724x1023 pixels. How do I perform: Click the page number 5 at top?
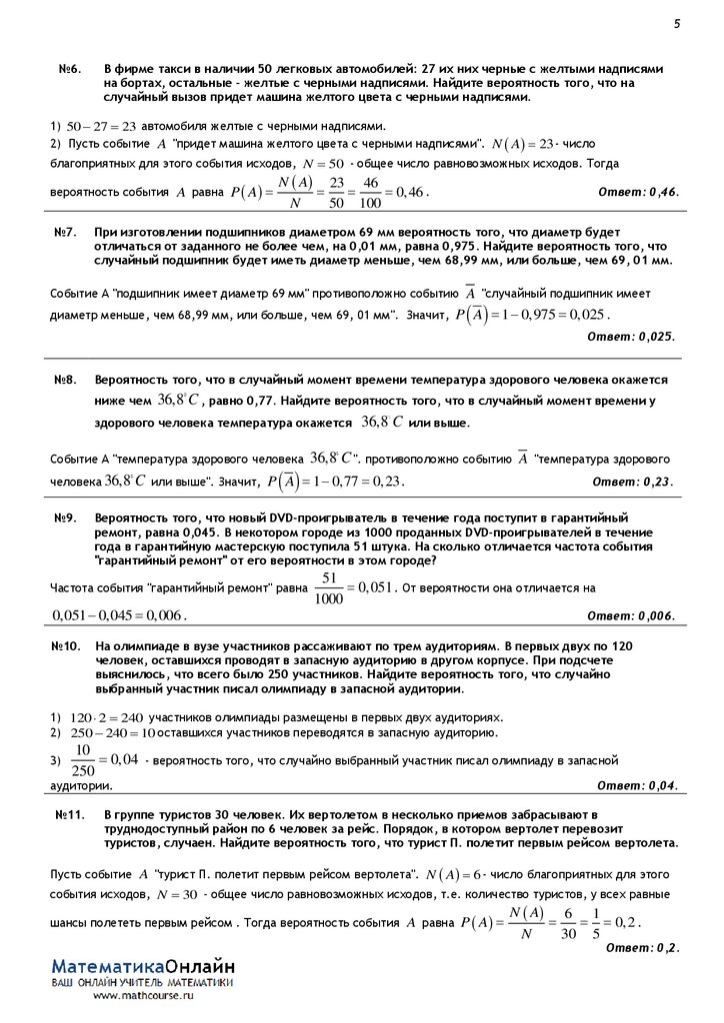point(676,24)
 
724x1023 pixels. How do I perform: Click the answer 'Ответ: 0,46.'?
point(638,191)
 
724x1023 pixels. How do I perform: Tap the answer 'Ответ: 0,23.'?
point(634,481)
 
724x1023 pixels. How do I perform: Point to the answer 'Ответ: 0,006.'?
point(630,614)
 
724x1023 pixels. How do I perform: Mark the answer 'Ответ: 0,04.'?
point(636,785)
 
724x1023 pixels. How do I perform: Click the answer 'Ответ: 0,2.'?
point(643,946)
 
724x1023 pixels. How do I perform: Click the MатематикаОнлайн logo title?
point(144,967)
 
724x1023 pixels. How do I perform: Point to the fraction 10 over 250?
point(84,759)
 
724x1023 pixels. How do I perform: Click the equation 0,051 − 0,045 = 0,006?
point(119,615)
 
